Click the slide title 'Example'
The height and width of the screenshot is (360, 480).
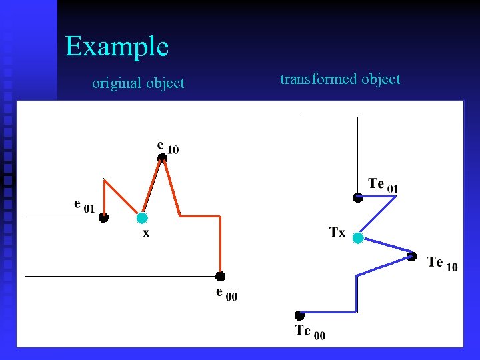pyautogui.click(x=117, y=47)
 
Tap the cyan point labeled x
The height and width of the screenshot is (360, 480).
pyautogui.click(x=142, y=217)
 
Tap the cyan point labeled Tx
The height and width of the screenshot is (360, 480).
pyautogui.click(x=358, y=237)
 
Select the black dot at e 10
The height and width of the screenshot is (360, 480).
pyautogui.click(x=162, y=158)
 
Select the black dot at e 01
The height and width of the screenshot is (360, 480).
pyautogui.click(x=104, y=217)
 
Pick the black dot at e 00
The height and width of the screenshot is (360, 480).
pyautogui.click(x=221, y=276)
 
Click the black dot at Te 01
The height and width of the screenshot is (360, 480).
pyautogui.click(x=358, y=197)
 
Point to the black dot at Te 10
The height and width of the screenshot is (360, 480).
pyautogui.click(x=412, y=256)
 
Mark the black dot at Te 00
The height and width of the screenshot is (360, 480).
pyautogui.click(x=300, y=315)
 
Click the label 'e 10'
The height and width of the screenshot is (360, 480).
pyautogui.click(x=167, y=146)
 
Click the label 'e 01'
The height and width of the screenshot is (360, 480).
pyautogui.click(x=84, y=205)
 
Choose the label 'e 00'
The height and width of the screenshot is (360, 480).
pyautogui.click(x=226, y=293)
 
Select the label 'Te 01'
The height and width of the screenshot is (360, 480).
pyautogui.click(x=383, y=185)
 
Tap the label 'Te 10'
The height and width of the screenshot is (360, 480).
pyautogui.click(x=442, y=263)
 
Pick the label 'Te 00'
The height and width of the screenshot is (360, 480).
pyautogui.click(x=310, y=331)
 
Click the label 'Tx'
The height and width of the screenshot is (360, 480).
pyautogui.click(x=337, y=233)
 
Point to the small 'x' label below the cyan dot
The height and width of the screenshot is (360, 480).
pyautogui.click(x=145, y=233)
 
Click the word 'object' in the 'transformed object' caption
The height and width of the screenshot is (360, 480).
pyautogui.click(x=381, y=79)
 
